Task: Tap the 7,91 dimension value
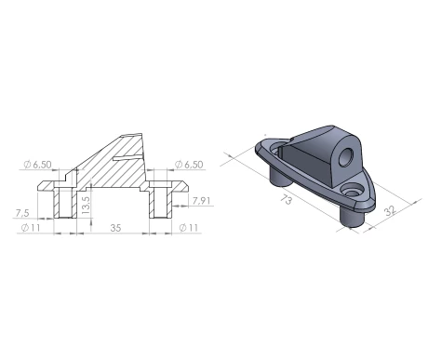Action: point(200,200)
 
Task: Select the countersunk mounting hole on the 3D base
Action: point(354,189)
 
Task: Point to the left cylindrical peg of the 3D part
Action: point(277,174)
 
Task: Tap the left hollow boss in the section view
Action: point(63,204)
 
